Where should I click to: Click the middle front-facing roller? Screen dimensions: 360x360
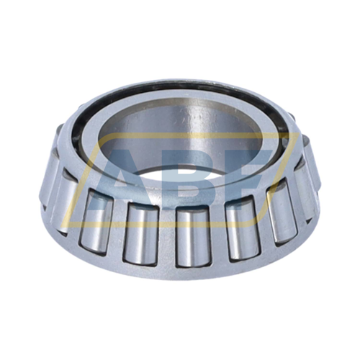(186, 235)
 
